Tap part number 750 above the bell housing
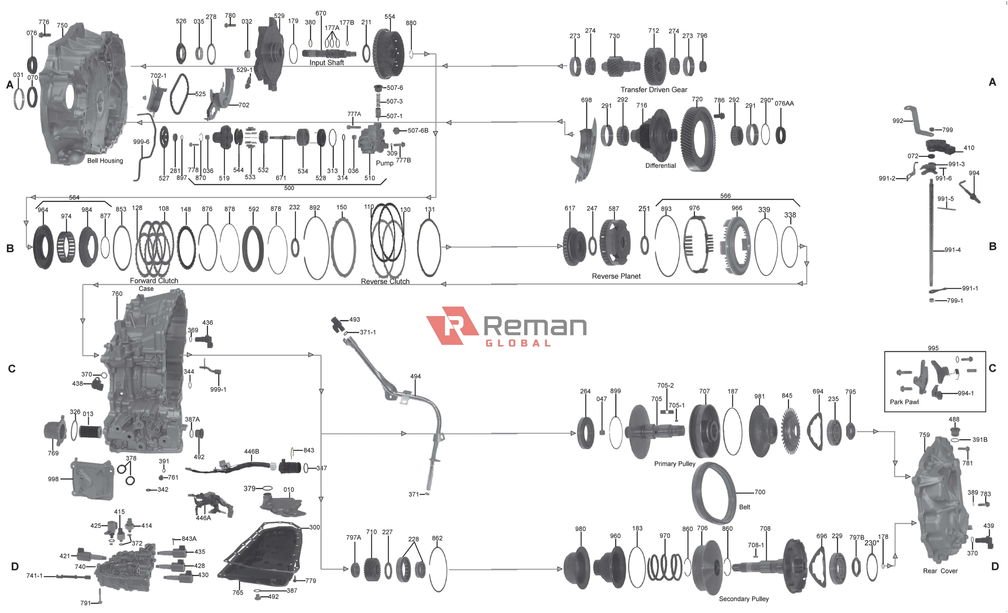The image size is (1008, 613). [62, 25]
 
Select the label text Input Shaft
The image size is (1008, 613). [326, 63]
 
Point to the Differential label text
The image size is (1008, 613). [660, 165]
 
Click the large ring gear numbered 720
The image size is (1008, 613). [698, 139]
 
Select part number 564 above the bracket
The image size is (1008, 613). [74, 198]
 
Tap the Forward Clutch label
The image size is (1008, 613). [154, 281]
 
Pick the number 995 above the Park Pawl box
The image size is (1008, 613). [933, 348]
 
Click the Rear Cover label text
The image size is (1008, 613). [940, 571]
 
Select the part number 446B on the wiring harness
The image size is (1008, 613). [252, 451]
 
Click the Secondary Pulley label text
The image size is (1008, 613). [744, 599]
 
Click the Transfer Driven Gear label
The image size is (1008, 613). [654, 90]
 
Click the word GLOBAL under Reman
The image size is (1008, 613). [518, 343]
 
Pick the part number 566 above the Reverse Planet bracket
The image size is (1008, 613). [725, 196]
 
